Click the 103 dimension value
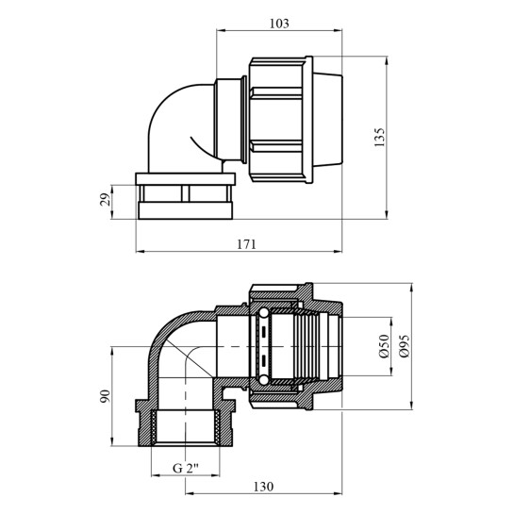[279, 24]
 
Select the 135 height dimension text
[379, 138]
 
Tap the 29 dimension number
[105, 199]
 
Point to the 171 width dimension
[246, 244]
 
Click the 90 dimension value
[106, 396]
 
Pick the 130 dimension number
[263, 487]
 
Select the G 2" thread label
[186, 468]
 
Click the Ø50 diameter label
[384, 346]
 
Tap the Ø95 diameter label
[404, 346]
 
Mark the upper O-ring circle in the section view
[263, 313]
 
